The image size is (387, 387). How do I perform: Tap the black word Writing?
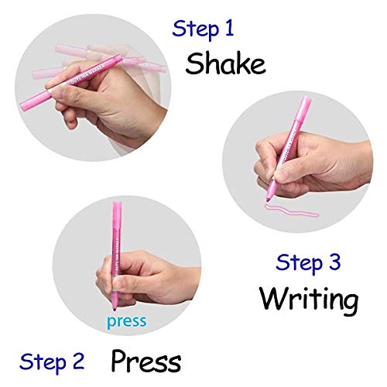click(308, 298)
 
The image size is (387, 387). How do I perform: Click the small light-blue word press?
click(125, 321)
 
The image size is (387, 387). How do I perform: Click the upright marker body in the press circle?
click(118, 232)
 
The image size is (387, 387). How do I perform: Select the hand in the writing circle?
click(310, 170)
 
